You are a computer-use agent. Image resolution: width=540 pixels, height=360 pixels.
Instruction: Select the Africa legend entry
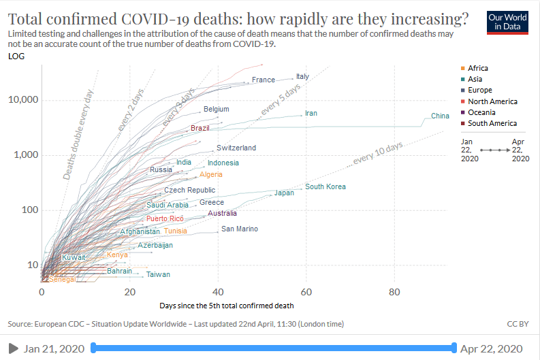[477, 68]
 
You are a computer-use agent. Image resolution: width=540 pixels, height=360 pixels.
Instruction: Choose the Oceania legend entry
[481, 112]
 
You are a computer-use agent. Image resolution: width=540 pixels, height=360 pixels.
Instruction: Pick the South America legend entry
[492, 123]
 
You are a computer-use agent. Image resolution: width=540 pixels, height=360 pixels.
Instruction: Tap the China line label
[440, 116]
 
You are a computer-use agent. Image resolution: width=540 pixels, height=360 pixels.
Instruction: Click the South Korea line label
[325, 187]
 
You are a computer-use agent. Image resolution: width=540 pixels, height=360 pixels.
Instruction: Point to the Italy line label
[302, 77]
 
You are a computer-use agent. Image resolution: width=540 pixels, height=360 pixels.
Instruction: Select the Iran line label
[311, 114]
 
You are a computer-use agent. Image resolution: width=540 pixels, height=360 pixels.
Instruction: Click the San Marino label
[240, 229]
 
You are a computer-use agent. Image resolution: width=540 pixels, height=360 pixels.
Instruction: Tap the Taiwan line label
[158, 275]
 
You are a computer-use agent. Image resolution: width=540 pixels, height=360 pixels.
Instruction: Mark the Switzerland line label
[236, 148]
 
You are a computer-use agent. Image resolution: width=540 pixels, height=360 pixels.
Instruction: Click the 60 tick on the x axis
[306, 292]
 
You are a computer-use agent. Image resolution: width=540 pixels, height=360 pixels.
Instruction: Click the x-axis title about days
[227, 306]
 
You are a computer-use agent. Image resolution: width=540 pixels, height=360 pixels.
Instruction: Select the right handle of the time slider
[454, 348]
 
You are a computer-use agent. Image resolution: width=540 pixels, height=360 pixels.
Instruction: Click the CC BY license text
[519, 324]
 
